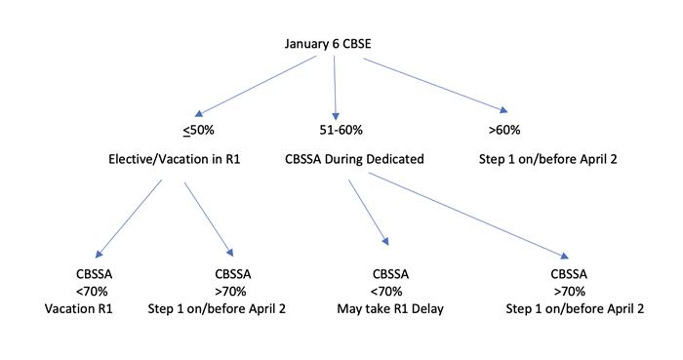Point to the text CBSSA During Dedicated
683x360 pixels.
(354, 158)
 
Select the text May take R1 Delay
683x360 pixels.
(388, 308)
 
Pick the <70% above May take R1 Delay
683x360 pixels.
(388, 291)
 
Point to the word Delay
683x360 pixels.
(425, 308)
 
